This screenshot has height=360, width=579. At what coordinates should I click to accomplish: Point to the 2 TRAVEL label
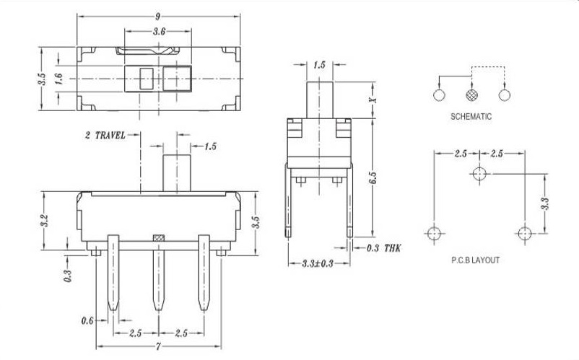105,135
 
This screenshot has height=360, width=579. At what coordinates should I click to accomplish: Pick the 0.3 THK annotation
383,247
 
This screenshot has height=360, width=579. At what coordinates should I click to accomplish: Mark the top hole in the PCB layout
478,174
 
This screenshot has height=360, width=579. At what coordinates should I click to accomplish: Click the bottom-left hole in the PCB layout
434,233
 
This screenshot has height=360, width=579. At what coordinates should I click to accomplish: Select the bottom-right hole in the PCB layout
523,233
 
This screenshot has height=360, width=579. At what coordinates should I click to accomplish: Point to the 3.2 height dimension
44,220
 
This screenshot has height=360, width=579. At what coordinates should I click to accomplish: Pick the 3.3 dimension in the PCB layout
544,203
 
